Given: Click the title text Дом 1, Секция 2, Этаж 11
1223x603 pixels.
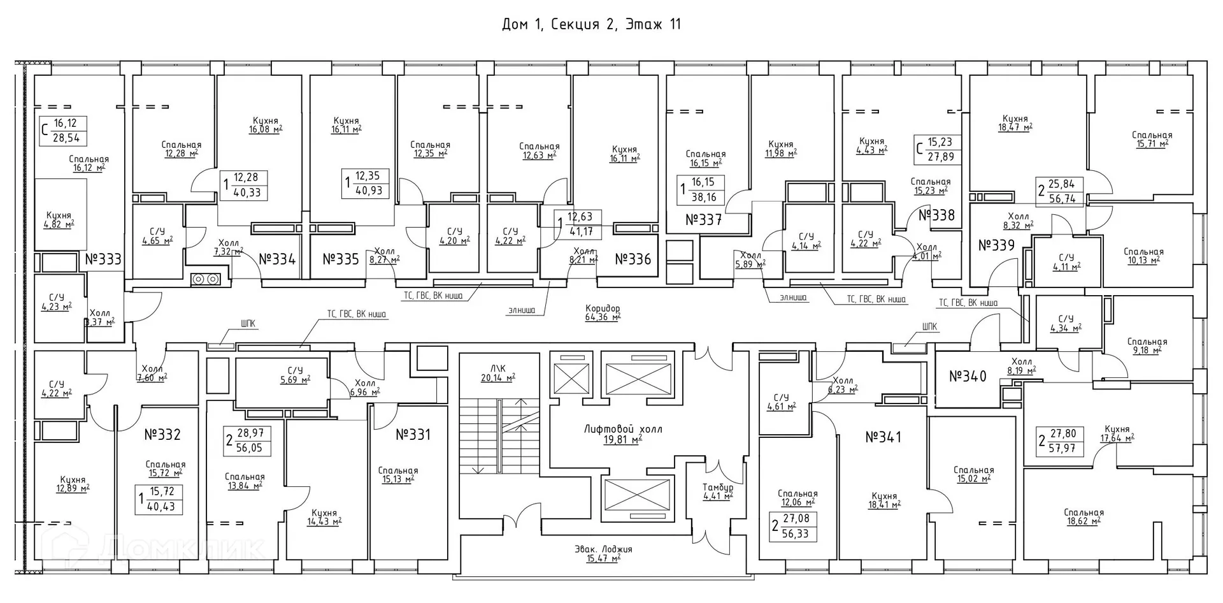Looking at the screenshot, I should pos(591,25).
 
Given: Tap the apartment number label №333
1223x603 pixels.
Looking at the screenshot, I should pos(103,259).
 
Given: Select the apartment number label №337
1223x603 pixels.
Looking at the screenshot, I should pos(703,220).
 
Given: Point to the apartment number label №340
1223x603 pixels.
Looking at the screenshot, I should pos(968,376).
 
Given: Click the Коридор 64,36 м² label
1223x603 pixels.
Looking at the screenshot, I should pos(603,312).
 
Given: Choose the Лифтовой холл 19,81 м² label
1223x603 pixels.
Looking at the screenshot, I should pos(623,434).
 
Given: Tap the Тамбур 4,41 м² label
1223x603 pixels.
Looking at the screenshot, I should pos(718,491).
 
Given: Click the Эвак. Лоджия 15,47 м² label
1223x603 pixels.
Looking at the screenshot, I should pos(603,553).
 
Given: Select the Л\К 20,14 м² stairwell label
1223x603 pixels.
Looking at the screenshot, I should pos(498,373).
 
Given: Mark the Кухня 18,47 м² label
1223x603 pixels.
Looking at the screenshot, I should pos(1015,122).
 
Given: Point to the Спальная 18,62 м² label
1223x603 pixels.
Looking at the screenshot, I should pos(1084,516).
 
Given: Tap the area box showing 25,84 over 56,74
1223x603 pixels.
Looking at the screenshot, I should pos(1061,191).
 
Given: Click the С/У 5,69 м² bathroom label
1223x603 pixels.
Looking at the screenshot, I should pos(295,375).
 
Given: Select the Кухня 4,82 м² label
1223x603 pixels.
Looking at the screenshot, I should pos(59,220).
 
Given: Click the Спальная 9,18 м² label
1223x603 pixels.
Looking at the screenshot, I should pos(1147,345).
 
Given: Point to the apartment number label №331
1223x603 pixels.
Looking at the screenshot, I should pos(413,435).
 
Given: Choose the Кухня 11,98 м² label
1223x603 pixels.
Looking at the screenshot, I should pos(780,149).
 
